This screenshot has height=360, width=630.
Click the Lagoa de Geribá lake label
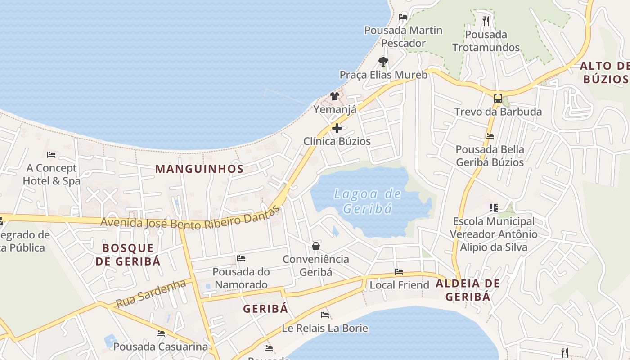pyautogui.click(x=367, y=201)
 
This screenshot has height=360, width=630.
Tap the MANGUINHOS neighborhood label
pyautogui.click(x=199, y=169)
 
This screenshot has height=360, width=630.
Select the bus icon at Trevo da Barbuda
pyautogui.click(x=498, y=98)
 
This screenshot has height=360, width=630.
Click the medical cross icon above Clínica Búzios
pyautogui.click(x=337, y=128)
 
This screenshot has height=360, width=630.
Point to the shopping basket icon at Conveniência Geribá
pyautogui.click(x=316, y=246)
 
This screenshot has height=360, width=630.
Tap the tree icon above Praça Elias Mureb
pyautogui.click(x=383, y=61)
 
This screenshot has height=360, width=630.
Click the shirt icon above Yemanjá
pyautogui.click(x=334, y=96)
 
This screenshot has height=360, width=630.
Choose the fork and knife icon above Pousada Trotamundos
pyautogui.click(x=486, y=21)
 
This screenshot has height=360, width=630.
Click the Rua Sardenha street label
pyautogui.click(x=151, y=293)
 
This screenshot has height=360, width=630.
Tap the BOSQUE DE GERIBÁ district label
pyautogui.click(x=128, y=254)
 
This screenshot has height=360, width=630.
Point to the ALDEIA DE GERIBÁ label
pyautogui.click(x=468, y=290)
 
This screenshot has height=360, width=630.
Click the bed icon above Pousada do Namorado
pyautogui.click(x=241, y=258)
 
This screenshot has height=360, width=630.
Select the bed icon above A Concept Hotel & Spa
pyautogui.click(x=51, y=155)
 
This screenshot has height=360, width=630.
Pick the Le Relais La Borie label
pyautogui.click(x=325, y=328)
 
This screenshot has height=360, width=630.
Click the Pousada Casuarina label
pyautogui.click(x=161, y=346)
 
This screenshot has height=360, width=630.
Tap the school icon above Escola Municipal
pyautogui.click(x=494, y=208)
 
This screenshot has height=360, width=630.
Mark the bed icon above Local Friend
pyautogui.click(x=399, y=272)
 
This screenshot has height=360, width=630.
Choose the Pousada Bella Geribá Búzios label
pyautogui.click(x=490, y=156)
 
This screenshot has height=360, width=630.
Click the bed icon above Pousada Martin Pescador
pyautogui.click(x=403, y=17)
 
